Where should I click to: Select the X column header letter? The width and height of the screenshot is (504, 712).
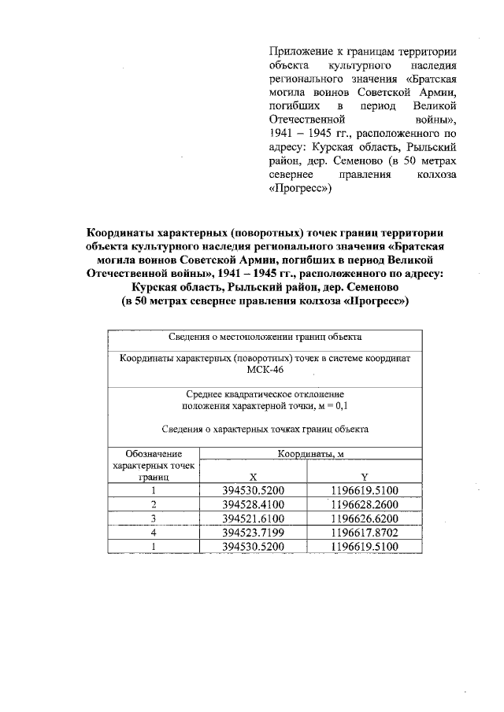click(253, 477)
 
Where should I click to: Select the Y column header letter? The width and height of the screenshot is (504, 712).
click(365, 477)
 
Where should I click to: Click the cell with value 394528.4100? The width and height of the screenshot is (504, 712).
click(253, 504)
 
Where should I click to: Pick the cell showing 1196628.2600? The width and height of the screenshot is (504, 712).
click(365, 504)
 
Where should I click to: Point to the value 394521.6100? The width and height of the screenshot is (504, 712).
click(253, 518)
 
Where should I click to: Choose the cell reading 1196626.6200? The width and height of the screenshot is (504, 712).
click(365, 518)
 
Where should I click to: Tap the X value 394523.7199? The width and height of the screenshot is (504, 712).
click(253, 532)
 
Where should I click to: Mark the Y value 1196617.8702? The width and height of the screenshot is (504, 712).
click(365, 532)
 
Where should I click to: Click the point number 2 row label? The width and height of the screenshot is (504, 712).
click(154, 504)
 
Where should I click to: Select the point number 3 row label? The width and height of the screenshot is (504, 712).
click(154, 518)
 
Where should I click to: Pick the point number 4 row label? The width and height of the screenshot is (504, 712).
click(154, 532)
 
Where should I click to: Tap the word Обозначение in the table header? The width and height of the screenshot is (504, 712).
click(154, 454)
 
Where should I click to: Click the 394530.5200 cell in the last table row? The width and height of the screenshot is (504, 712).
click(253, 546)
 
